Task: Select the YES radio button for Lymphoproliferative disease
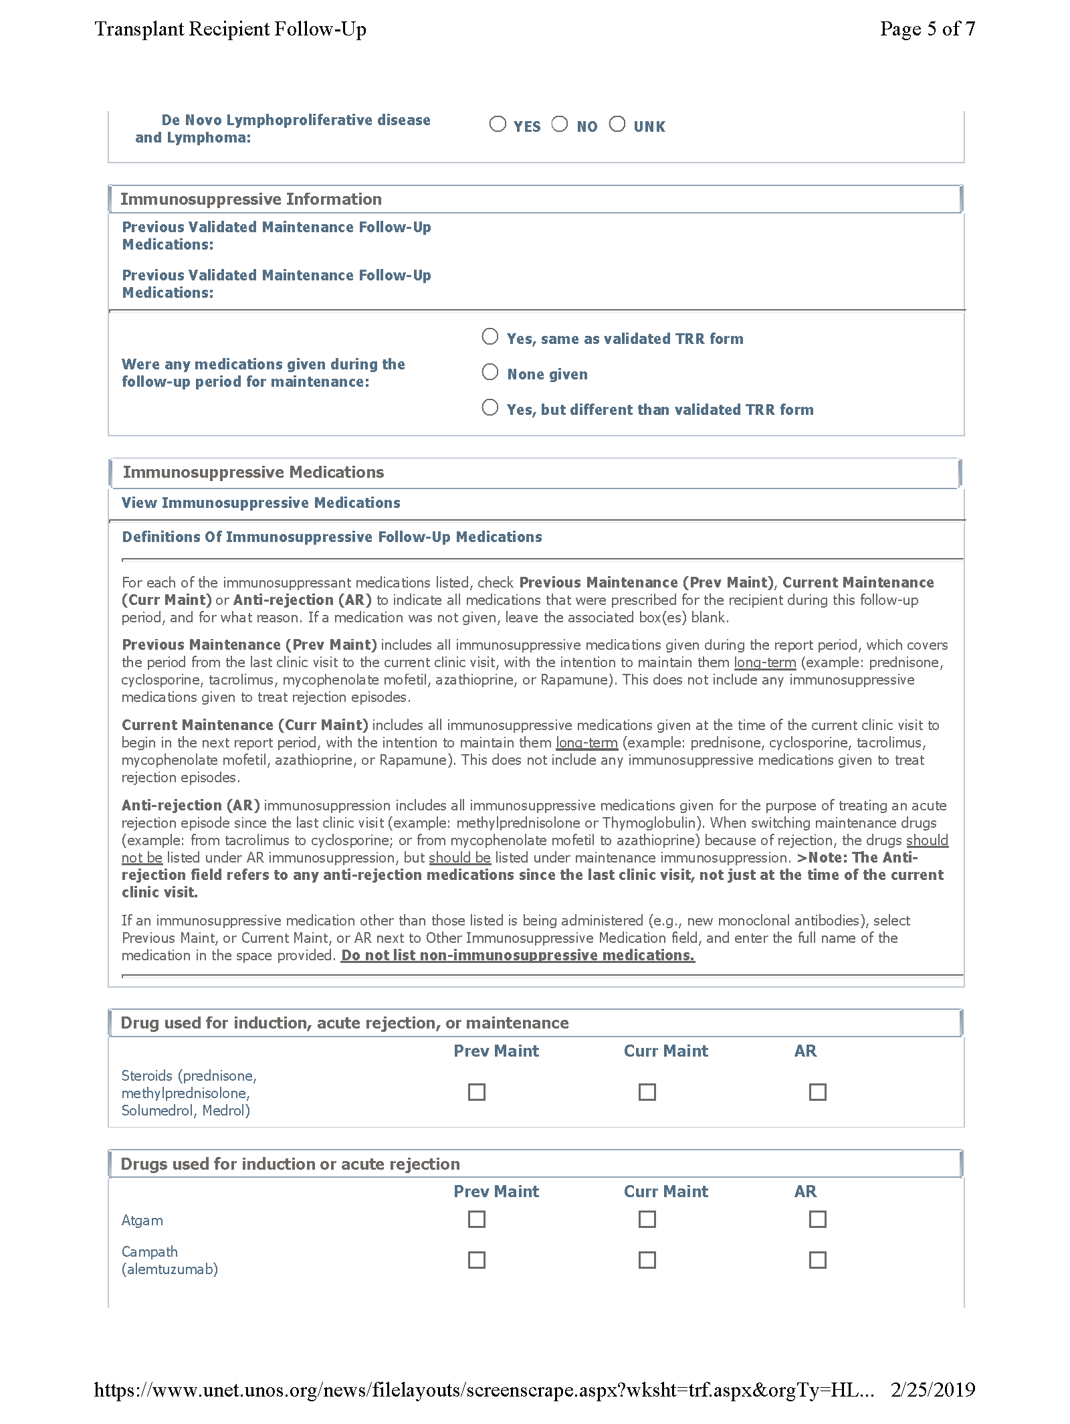pyautogui.click(x=498, y=124)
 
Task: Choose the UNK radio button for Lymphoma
pyautogui.click(x=617, y=124)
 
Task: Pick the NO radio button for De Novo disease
pyautogui.click(x=560, y=124)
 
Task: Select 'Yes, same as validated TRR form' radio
pyautogui.click(x=490, y=337)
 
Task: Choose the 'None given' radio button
pyautogui.click(x=490, y=372)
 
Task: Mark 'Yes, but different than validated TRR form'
pyautogui.click(x=490, y=408)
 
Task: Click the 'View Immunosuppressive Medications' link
pyautogui.click(x=261, y=503)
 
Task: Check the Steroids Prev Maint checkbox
pyautogui.click(x=477, y=1092)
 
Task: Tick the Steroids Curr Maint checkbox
pyautogui.click(x=647, y=1092)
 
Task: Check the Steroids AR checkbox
pyautogui.click(x=818, y=1092)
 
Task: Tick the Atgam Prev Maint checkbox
pyautogui.click(x=477, y=1219)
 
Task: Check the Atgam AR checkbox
pyautogui.click(x=818, y=1219)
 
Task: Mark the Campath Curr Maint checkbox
pyautogui.click(x=647, y=1260)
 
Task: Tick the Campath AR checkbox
pyautogui.click(x=818, y=1260)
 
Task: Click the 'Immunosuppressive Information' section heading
pyautogui.click(x=251, y=199)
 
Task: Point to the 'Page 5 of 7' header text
pyautogui.click(x=927, y=29)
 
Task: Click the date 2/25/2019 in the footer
pyautogui.click(x=932, y=1390)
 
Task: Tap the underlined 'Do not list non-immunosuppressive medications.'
pyautogui.click(x=518, y=956)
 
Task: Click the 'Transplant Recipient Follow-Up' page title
pyautogui.click(x=230, y=29)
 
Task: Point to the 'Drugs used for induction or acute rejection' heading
pyautogui.click(x=290, y=1164)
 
